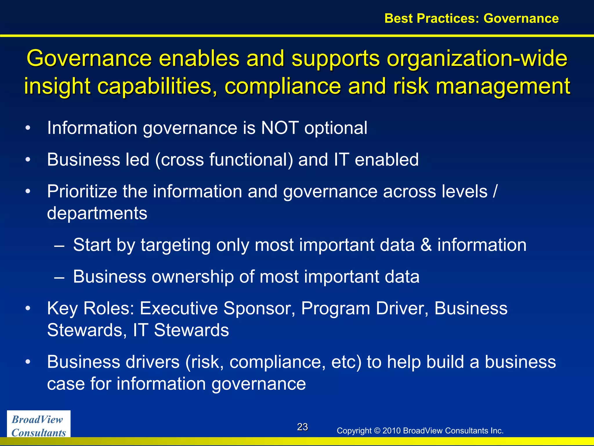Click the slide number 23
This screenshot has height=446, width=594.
pyautogui.click(x=302, y=427)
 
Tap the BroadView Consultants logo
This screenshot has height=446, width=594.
pyautogui.click(x=39, y=426)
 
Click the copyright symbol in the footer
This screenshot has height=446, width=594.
pyautogui.click(x=377, y=431)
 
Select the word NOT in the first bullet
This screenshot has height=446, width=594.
pyautogui.click(x=280, y=128)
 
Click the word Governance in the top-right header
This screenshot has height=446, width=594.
pyautogui.click(x=521, y=18)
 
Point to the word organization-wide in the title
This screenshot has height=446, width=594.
pyautogui.click(x=477, y=59)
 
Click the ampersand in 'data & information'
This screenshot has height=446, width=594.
pyautogui.click(x=426, y=245)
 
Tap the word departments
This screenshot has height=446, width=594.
pyautogui.click(x=97, y=213)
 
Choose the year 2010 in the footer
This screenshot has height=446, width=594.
pyautogui.click(x=392, y=431)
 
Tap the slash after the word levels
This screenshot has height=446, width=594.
pyautogui.click(x=495, y=191)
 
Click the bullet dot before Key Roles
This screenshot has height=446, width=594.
pyautogui.click(x=28, y=308)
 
